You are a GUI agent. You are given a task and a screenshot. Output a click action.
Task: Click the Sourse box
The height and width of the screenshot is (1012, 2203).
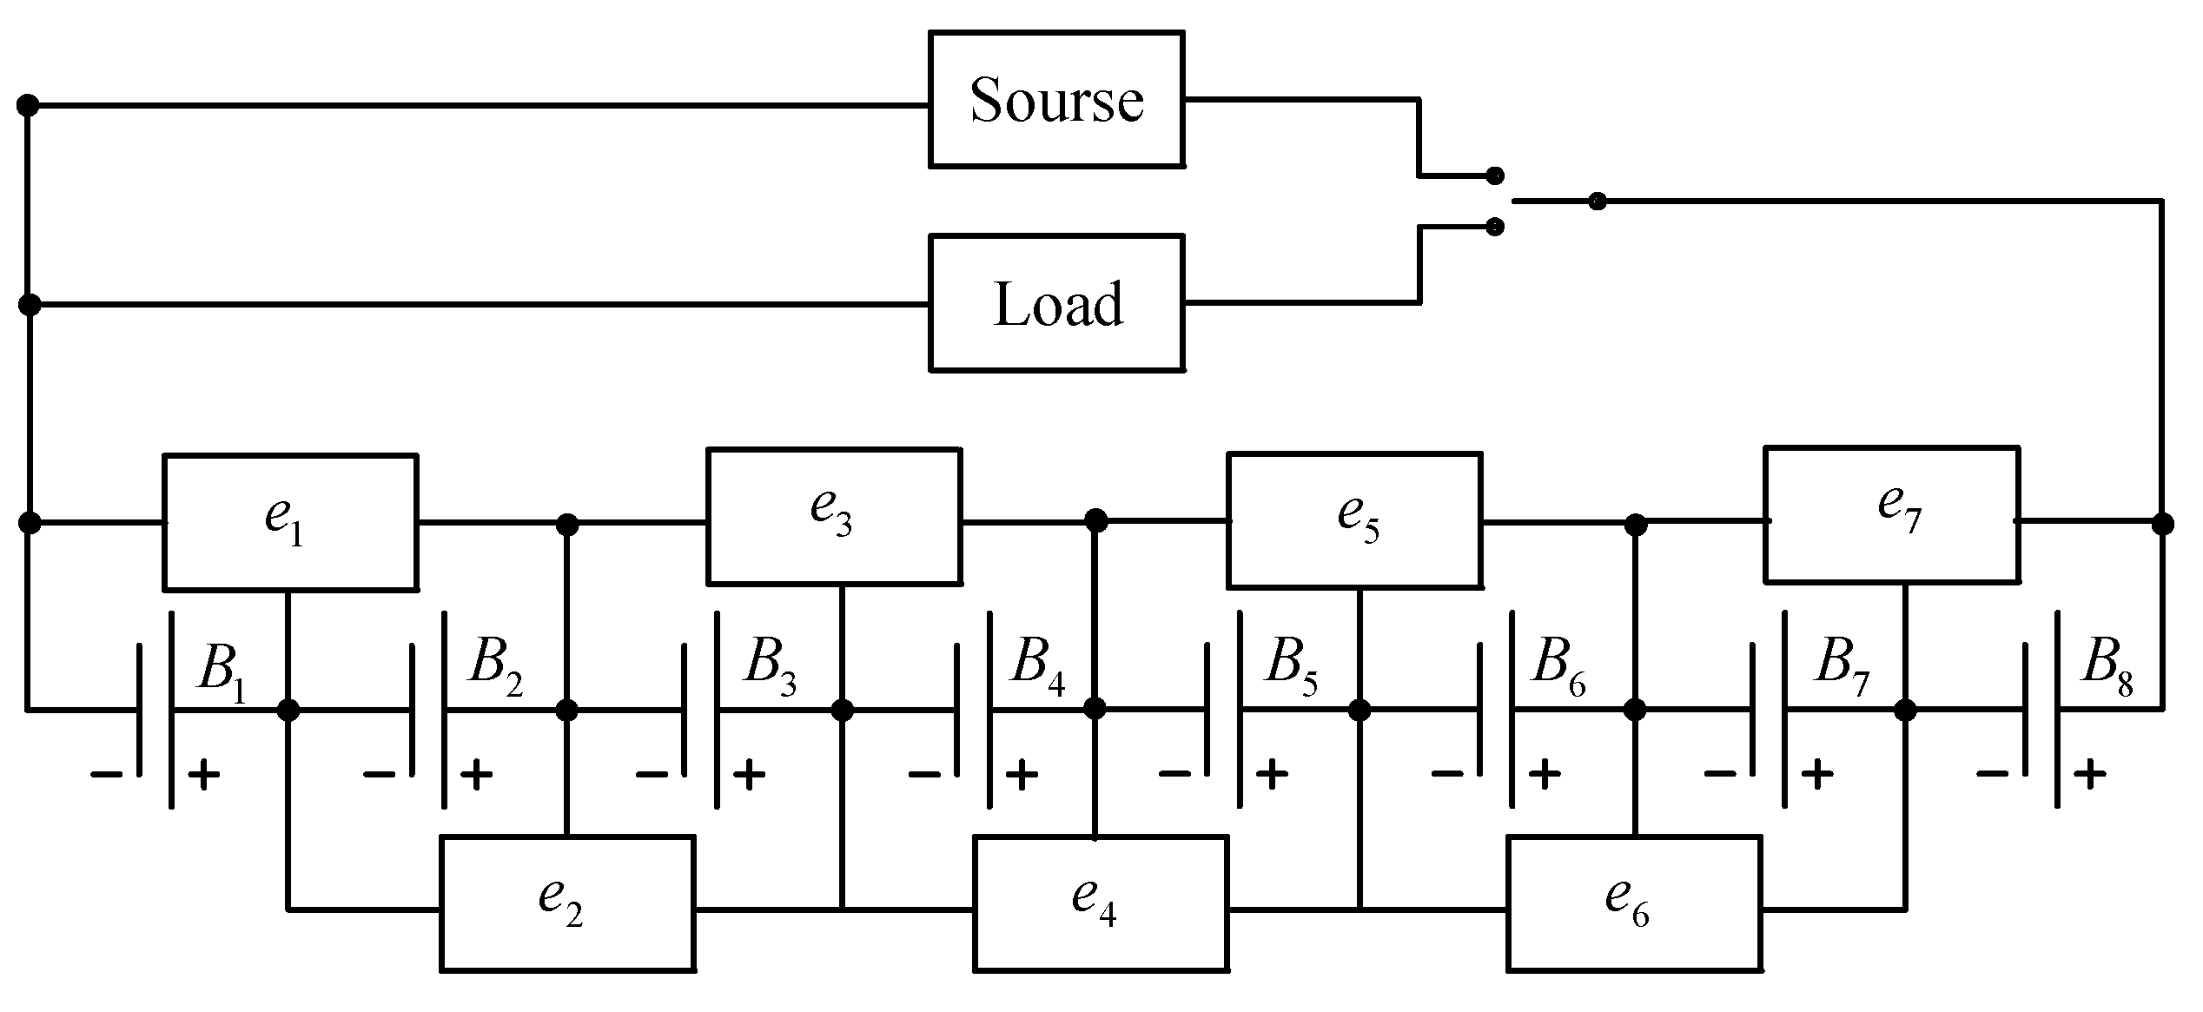click(x=1055, y=99)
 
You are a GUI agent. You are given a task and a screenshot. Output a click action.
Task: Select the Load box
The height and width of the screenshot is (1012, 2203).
click(x=1055, y=302)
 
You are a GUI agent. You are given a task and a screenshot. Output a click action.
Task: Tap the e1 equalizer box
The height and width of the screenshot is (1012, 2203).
click(x=289, y=521)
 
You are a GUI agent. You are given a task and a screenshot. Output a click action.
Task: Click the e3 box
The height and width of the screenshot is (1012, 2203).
click(x=833, y=515)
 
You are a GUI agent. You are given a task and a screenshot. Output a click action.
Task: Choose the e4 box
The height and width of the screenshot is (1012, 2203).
click(x=1100, y=903)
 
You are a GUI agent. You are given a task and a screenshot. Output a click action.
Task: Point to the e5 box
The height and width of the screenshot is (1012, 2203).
click(x=1353, y=519)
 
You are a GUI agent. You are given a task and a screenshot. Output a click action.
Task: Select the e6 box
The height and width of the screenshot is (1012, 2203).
click(x=1633, y=903)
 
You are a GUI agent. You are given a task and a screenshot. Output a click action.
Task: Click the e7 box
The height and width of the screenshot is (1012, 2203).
click(x=1890, y=513)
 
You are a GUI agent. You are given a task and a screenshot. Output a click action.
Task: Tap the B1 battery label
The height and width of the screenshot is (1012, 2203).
click(x=221, y=667)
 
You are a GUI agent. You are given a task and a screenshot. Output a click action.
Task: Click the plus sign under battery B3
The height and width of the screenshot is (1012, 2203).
click(x=749, y=773)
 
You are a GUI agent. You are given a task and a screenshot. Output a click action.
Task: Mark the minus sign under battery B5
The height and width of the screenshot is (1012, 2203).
click(x=1174, y=773)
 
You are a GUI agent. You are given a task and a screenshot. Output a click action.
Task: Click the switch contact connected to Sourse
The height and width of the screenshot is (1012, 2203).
click(x=1494, y=176)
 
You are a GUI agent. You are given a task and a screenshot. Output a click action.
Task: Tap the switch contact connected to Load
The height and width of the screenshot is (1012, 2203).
click(x=1494, y=227)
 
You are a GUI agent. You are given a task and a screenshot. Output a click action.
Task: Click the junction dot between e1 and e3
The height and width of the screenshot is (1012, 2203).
click(x=566, y=524)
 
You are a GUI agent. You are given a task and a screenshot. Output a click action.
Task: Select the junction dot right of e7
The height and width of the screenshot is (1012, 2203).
click(x=2162, y=524)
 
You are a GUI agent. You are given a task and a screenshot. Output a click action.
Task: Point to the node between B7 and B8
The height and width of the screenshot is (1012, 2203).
click(x=1904, y=710)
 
